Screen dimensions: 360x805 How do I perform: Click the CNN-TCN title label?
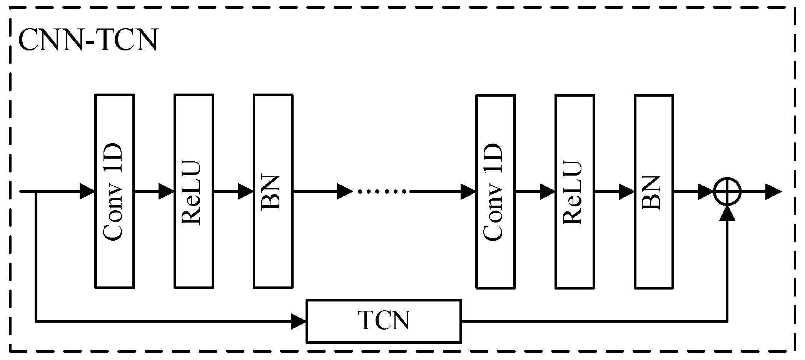[88, 40]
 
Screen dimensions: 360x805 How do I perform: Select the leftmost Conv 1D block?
[114, 191]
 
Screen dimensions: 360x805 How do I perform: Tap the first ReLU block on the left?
[194, 191]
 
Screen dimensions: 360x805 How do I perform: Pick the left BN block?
[273, 191]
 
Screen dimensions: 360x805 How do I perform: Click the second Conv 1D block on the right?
[495, 191]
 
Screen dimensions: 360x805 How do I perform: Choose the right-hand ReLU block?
[575, 191]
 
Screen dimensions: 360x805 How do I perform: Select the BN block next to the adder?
[654, 191]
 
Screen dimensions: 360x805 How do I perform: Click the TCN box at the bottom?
[384, 321]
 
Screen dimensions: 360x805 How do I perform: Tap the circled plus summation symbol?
[727, 191]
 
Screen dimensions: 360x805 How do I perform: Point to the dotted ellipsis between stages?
[382, 191]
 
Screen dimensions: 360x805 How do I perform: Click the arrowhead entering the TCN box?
[299, 321]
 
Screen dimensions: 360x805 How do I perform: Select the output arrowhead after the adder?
[773, 191]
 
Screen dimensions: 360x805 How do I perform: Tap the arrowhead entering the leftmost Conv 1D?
[87, 191]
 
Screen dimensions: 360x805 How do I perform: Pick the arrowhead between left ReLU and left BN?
[246, 191]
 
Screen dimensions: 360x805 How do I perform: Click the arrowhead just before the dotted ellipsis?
[345, 191]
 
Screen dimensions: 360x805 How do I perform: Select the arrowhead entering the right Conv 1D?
[468, 191]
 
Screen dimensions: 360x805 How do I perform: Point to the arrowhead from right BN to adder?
[706, 191]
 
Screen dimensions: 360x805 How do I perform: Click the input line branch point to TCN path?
[36, 191]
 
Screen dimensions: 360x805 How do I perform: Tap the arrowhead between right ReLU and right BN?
[626, 191]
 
